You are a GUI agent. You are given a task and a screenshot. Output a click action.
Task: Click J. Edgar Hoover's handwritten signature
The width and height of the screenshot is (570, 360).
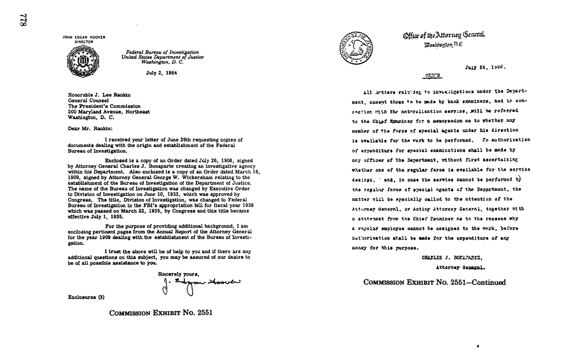pos(200,284)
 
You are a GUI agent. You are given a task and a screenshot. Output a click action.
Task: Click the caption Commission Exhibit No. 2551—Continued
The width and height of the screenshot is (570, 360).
pos(434,282)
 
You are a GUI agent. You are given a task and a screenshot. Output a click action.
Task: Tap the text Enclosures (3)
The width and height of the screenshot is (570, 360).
pos(87,297)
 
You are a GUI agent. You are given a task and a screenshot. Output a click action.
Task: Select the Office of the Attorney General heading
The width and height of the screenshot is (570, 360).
pos(444,35)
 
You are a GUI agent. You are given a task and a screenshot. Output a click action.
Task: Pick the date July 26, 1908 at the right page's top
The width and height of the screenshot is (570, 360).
pos(485,67)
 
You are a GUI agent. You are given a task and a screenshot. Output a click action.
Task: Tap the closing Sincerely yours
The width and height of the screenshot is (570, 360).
pos(178,273)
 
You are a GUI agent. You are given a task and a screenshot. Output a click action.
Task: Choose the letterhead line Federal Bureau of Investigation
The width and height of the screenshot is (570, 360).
pos(163,52)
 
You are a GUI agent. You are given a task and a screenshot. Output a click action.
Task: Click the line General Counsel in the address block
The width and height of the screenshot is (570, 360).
pos(83,101)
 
